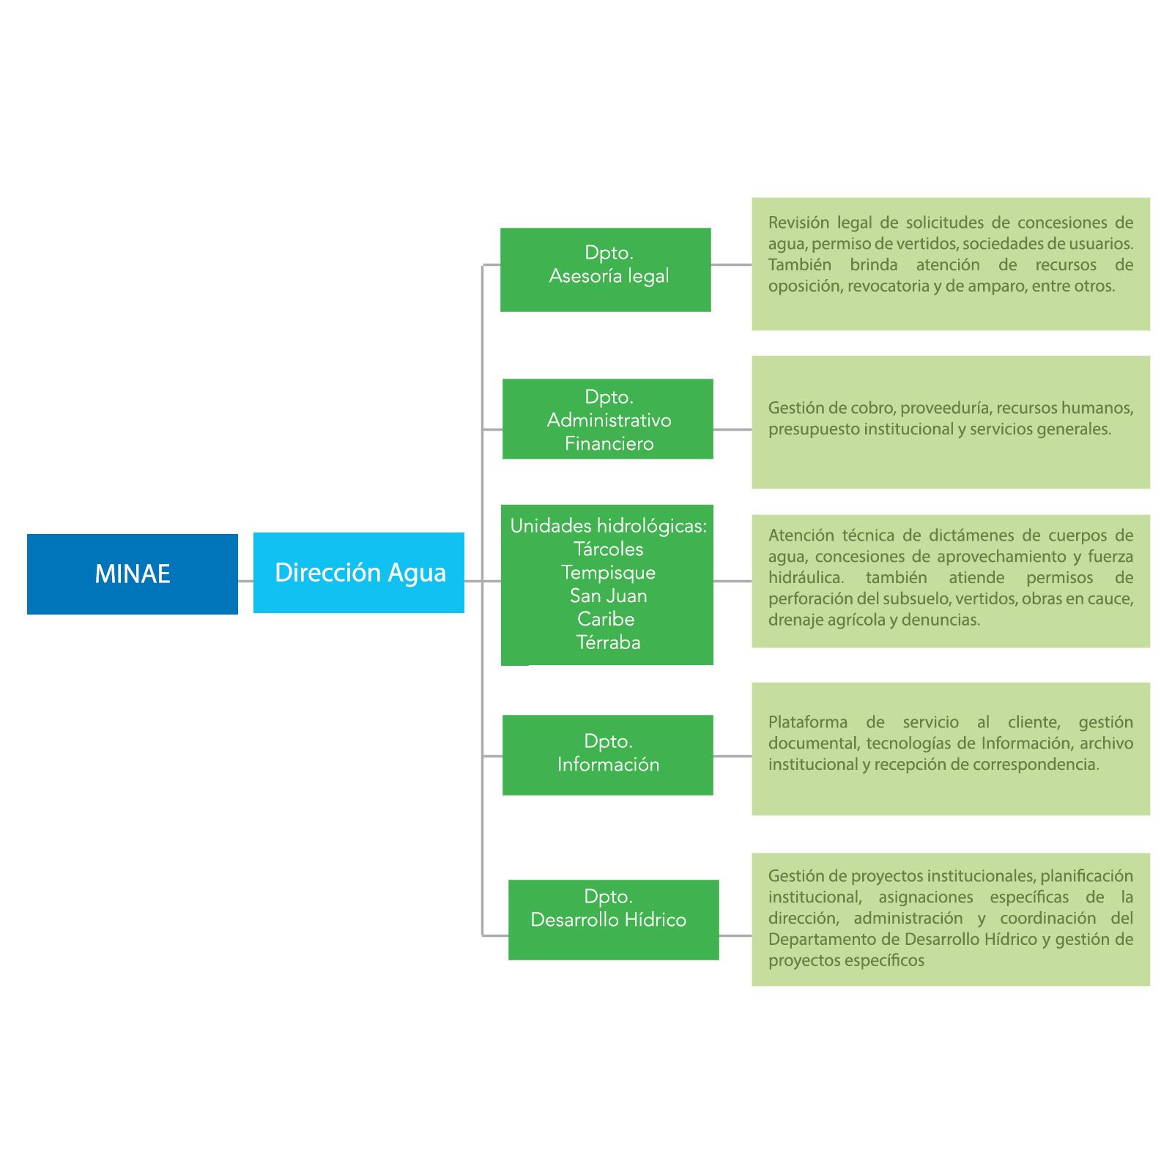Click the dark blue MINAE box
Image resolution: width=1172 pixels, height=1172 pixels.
click(x=132, y=574)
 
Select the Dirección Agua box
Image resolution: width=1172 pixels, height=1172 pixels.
click(x=359, y=572)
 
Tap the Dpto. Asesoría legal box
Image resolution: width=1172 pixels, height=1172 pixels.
click(x=605, y=270)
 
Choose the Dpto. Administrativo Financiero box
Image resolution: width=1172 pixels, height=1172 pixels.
click(x=607, y=419)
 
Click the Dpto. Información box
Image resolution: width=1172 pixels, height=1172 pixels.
click(x=607, y=754)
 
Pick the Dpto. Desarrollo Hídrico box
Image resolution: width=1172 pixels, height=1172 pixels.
click(x=613, y=919)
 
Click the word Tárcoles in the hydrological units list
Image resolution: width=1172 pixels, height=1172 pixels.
click(x=608, y=549)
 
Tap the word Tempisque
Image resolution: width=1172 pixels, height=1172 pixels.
click(x=608, y=572)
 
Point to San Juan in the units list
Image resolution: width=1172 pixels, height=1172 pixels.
click(x=608, y=596)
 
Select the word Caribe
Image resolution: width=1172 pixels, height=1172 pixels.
click(x=606, y=619)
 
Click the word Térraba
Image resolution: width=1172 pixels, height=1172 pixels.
click(x=608, y=642)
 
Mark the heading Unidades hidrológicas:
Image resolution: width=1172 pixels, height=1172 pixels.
click(x=608, y=525)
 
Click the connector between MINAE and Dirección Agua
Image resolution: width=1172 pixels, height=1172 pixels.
click(x=245, y=581)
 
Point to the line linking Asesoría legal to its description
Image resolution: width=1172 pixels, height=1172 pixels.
click(x=731, y=264)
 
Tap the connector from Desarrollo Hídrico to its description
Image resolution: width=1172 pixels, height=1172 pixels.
click(x=735, y=935)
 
